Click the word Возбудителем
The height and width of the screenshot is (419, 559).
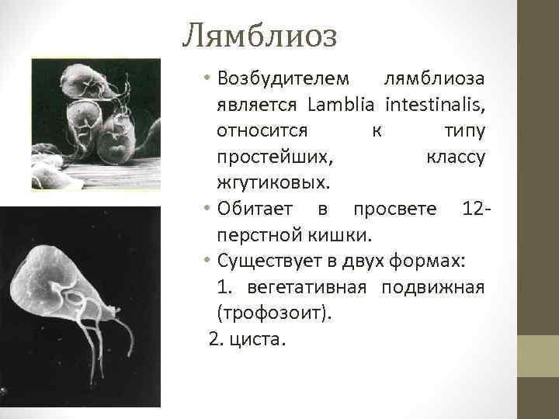click(x=284, y=78)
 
